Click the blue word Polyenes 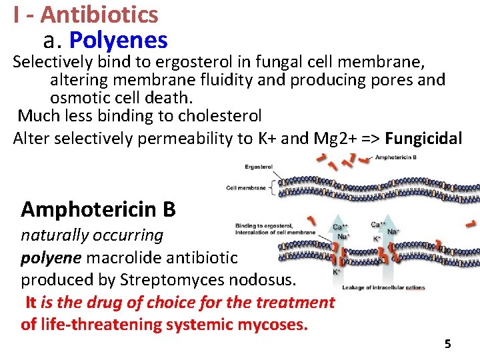pyautogui.click(x=118, y=41)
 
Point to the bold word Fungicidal pyautogui.click(x=423, y=139)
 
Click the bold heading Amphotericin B pyautogui.click(x=98, y=209)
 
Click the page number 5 pyautogui.click(x=447, y=344)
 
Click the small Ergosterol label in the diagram pyautogui.click(x=258, y=167)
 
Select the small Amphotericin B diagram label pyautogui.click(x=396, y=158)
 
